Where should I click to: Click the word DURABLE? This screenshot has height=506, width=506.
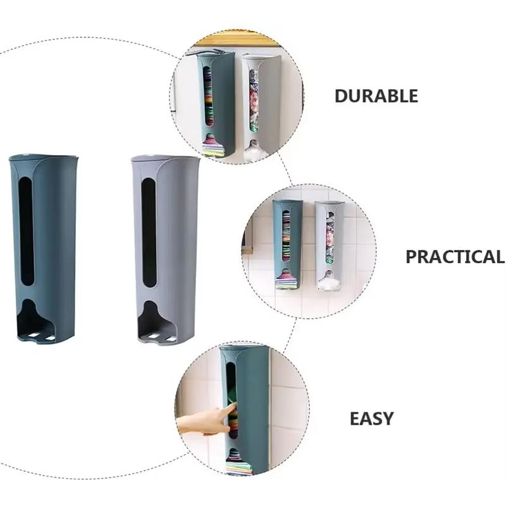[376, 96]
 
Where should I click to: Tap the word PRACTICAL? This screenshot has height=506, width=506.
[454, 257]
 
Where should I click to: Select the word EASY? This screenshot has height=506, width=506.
[372, 418]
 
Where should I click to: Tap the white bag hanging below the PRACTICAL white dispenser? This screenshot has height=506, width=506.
[329, 283]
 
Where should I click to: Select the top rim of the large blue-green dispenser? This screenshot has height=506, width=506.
[43, 157]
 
